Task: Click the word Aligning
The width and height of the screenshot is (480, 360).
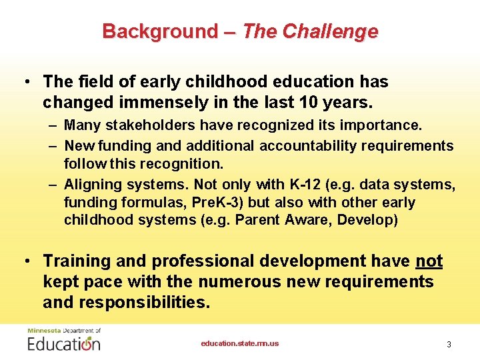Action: pos(91,185)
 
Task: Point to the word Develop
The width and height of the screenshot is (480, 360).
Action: pos(367,220)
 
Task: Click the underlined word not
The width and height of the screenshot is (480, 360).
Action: pos(429,261)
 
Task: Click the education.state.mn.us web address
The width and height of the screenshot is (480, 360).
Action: pos(240,344)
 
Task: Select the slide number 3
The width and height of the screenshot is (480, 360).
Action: pos(449,345)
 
